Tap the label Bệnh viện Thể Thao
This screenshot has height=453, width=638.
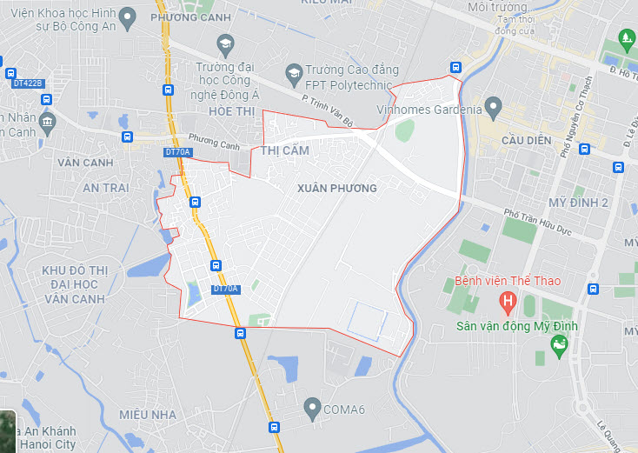pyautogui.click(x=508, y=281)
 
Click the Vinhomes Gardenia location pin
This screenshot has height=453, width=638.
pyautogui.click(x=494, y=110)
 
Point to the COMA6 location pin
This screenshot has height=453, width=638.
pyautogui.click(x=312, y=407)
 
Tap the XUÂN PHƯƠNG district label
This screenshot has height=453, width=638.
pyautogui.click(x=336, y=188)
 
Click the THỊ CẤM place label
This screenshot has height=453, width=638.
pyautogui.click(x=285, y=150)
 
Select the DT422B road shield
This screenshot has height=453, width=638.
pyautogui.click(x=28, y=83)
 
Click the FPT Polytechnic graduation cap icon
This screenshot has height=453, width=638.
pyautogui.click(x=293, y=70)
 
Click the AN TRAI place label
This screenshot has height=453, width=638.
pyautogui.click(x=106, y=188)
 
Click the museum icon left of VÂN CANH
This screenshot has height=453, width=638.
pyautogui.click(x=47, y=120)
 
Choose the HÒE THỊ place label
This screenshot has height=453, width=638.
pyautogui.click(x=230, y=112)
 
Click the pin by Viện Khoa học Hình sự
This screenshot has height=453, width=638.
pyautogui.click(x=127, y=17)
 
